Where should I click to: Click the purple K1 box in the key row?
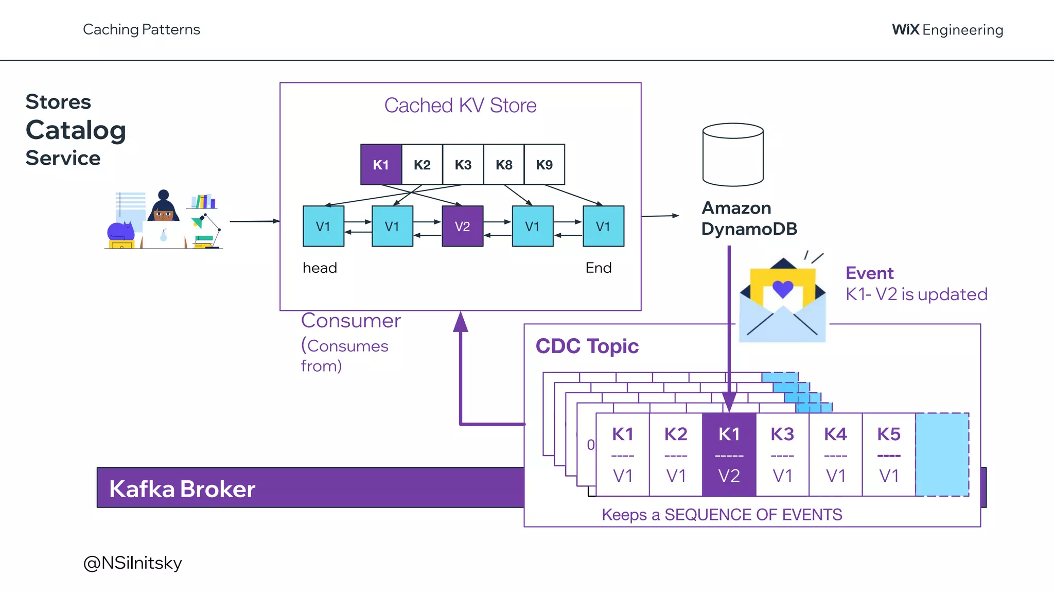[x=381, y=165]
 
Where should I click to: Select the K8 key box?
[x=504, y=165]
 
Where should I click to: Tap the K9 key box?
[x=544, y=165]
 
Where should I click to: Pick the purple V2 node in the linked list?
[x=462, y=226]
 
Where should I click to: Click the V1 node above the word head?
[x=323, y=226]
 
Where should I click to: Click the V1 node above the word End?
[x=603, y=226]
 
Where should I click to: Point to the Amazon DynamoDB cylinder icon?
[x=733, y=154]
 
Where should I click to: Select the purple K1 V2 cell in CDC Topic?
[x=729, y=455]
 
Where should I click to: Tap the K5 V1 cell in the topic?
[x=889, y=455]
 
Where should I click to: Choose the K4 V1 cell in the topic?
[x=835, y=455]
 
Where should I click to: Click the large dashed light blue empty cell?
[x=942, y=455]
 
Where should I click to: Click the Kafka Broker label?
[x=182, y=489]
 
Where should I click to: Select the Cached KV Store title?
[x=460, y=106]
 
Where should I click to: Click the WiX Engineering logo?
[x=947, y=30]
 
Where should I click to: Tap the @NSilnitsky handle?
[x=132, y=563]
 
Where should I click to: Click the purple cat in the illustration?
[x=120, y=232]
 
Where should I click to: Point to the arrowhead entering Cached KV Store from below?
[x=461, y=321]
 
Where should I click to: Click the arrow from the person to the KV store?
[x=254, y=221]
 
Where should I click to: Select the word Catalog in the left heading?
[x=76, y=130]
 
